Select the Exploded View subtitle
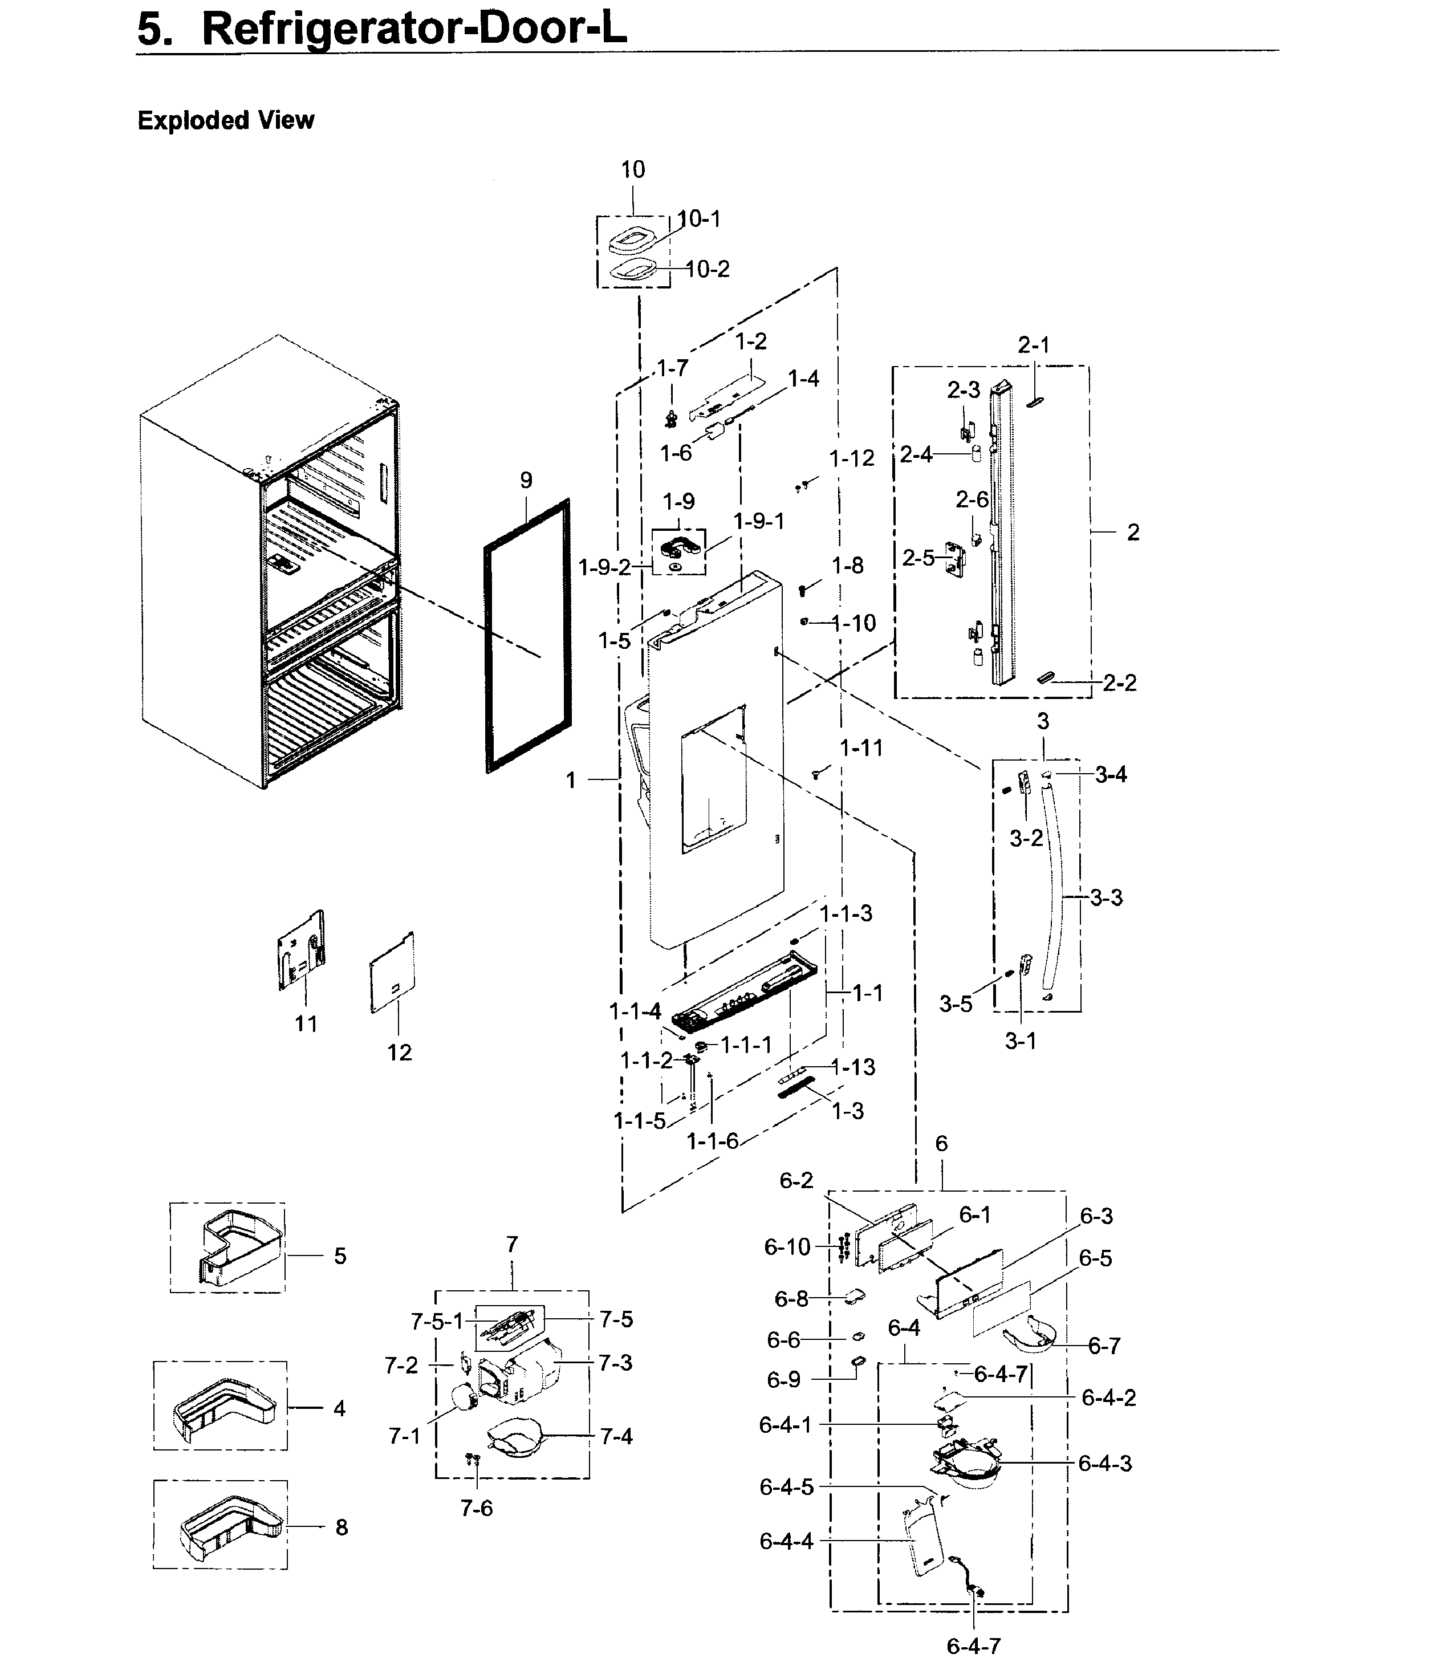click(x=226, y=121)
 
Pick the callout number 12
click(x=399, y=1053)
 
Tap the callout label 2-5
click(x=918, y=558)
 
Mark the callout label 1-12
click(x=852, y=458)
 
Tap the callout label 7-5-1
click(x=436, y=1322)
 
